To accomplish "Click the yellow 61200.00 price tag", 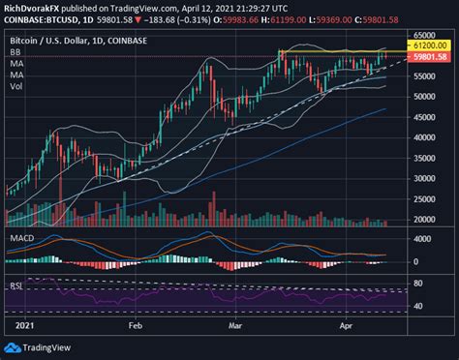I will click(428, 45).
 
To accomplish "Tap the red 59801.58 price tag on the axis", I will click(428, 57).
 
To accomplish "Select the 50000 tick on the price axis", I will click(426, 97).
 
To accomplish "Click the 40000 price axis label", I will click(426, 136).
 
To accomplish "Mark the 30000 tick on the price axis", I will click(426, 179).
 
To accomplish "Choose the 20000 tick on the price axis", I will click(426, 220).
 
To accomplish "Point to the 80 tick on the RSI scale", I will click(418, 284).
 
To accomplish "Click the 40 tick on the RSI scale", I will click(418, 306).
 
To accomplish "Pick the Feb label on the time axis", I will click(135, 327).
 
